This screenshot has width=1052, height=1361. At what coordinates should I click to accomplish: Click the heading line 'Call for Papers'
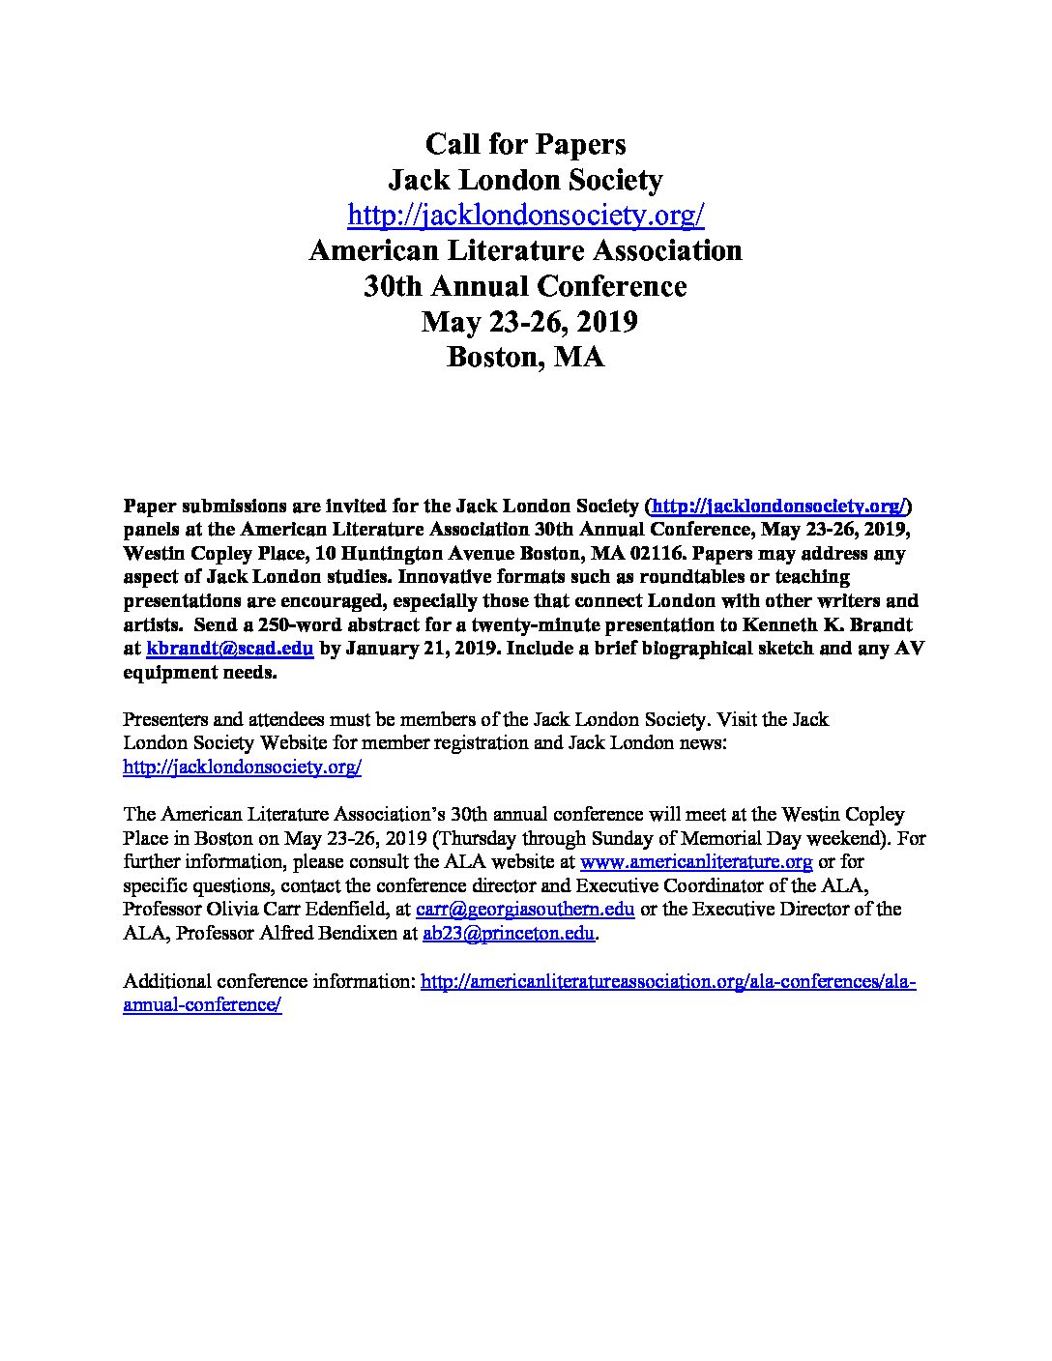525,144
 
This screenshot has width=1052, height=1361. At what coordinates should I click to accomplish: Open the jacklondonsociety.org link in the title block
525,215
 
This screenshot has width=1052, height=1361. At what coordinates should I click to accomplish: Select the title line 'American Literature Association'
525,250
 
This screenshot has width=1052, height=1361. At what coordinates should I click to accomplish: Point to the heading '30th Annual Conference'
525,286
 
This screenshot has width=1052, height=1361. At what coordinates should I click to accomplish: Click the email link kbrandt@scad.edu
229,649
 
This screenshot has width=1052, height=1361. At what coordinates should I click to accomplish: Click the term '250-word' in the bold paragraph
284,625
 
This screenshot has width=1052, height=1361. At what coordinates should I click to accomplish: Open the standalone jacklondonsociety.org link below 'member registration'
243,767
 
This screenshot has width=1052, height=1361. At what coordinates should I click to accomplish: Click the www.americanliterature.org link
695,861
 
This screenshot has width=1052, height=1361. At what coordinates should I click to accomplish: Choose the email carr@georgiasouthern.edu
525,909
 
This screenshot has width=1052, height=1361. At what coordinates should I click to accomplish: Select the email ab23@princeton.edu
508,933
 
